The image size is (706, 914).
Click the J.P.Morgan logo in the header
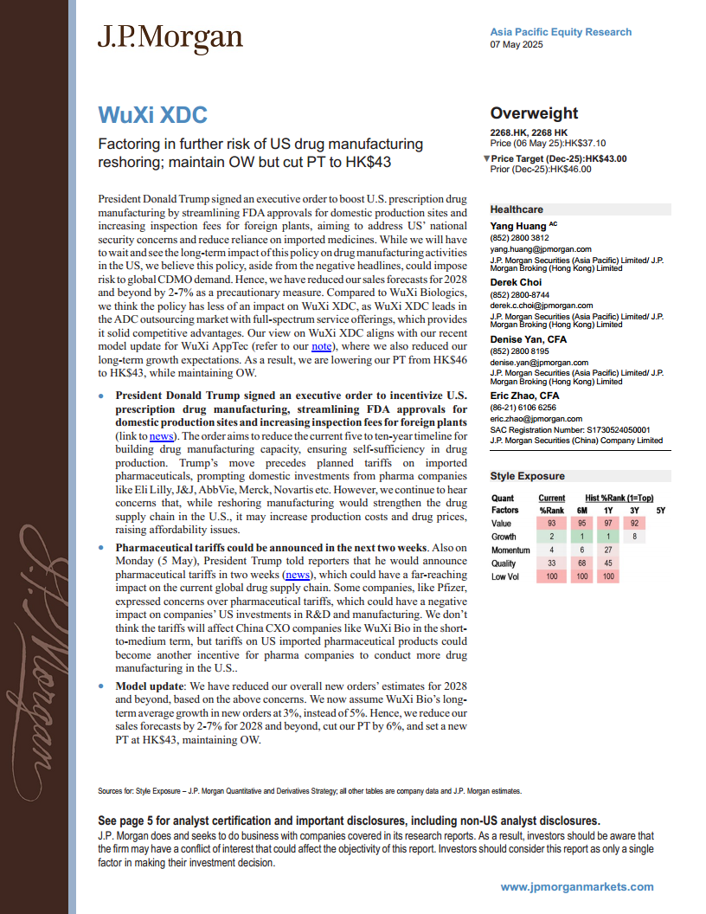(170, 38)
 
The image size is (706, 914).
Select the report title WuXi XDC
(152, 114)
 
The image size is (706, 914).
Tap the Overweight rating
(534, 113)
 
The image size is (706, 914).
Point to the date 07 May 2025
(517, 45)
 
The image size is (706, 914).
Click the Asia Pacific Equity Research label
(561, 32)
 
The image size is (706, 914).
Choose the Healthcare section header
(517, 209)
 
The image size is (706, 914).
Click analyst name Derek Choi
(517, 282)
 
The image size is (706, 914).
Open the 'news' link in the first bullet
(161, 436)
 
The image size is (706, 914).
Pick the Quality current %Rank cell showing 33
(551, 563)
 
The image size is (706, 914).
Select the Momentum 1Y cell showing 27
(609, 550)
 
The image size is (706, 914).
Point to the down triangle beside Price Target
(486, 158)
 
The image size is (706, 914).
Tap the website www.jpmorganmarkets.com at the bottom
(577, 886)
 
